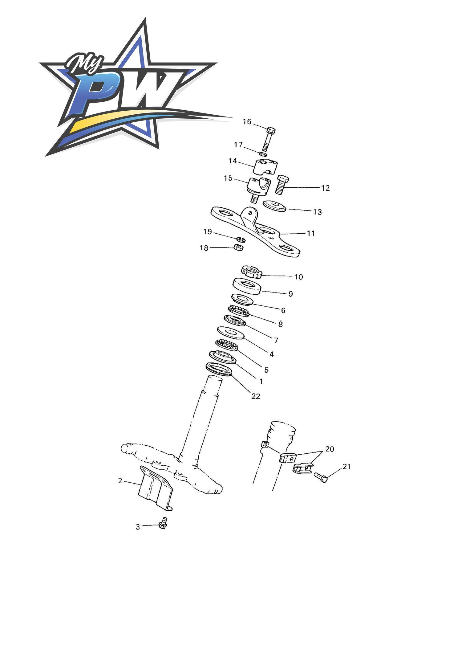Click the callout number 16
click(x=247, y=122)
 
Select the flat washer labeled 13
click(x=275, y=206)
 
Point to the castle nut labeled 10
click(x=251, y=272)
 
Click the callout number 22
click(x=256, y=396)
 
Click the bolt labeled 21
click(x=321, y=477)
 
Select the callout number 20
click(x=330, y=449)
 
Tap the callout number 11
click(x=311, y=233)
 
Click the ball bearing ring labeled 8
click(x=239, y=311)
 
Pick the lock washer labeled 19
click(x=241, y=239)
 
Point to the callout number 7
click(x=276, y=340)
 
